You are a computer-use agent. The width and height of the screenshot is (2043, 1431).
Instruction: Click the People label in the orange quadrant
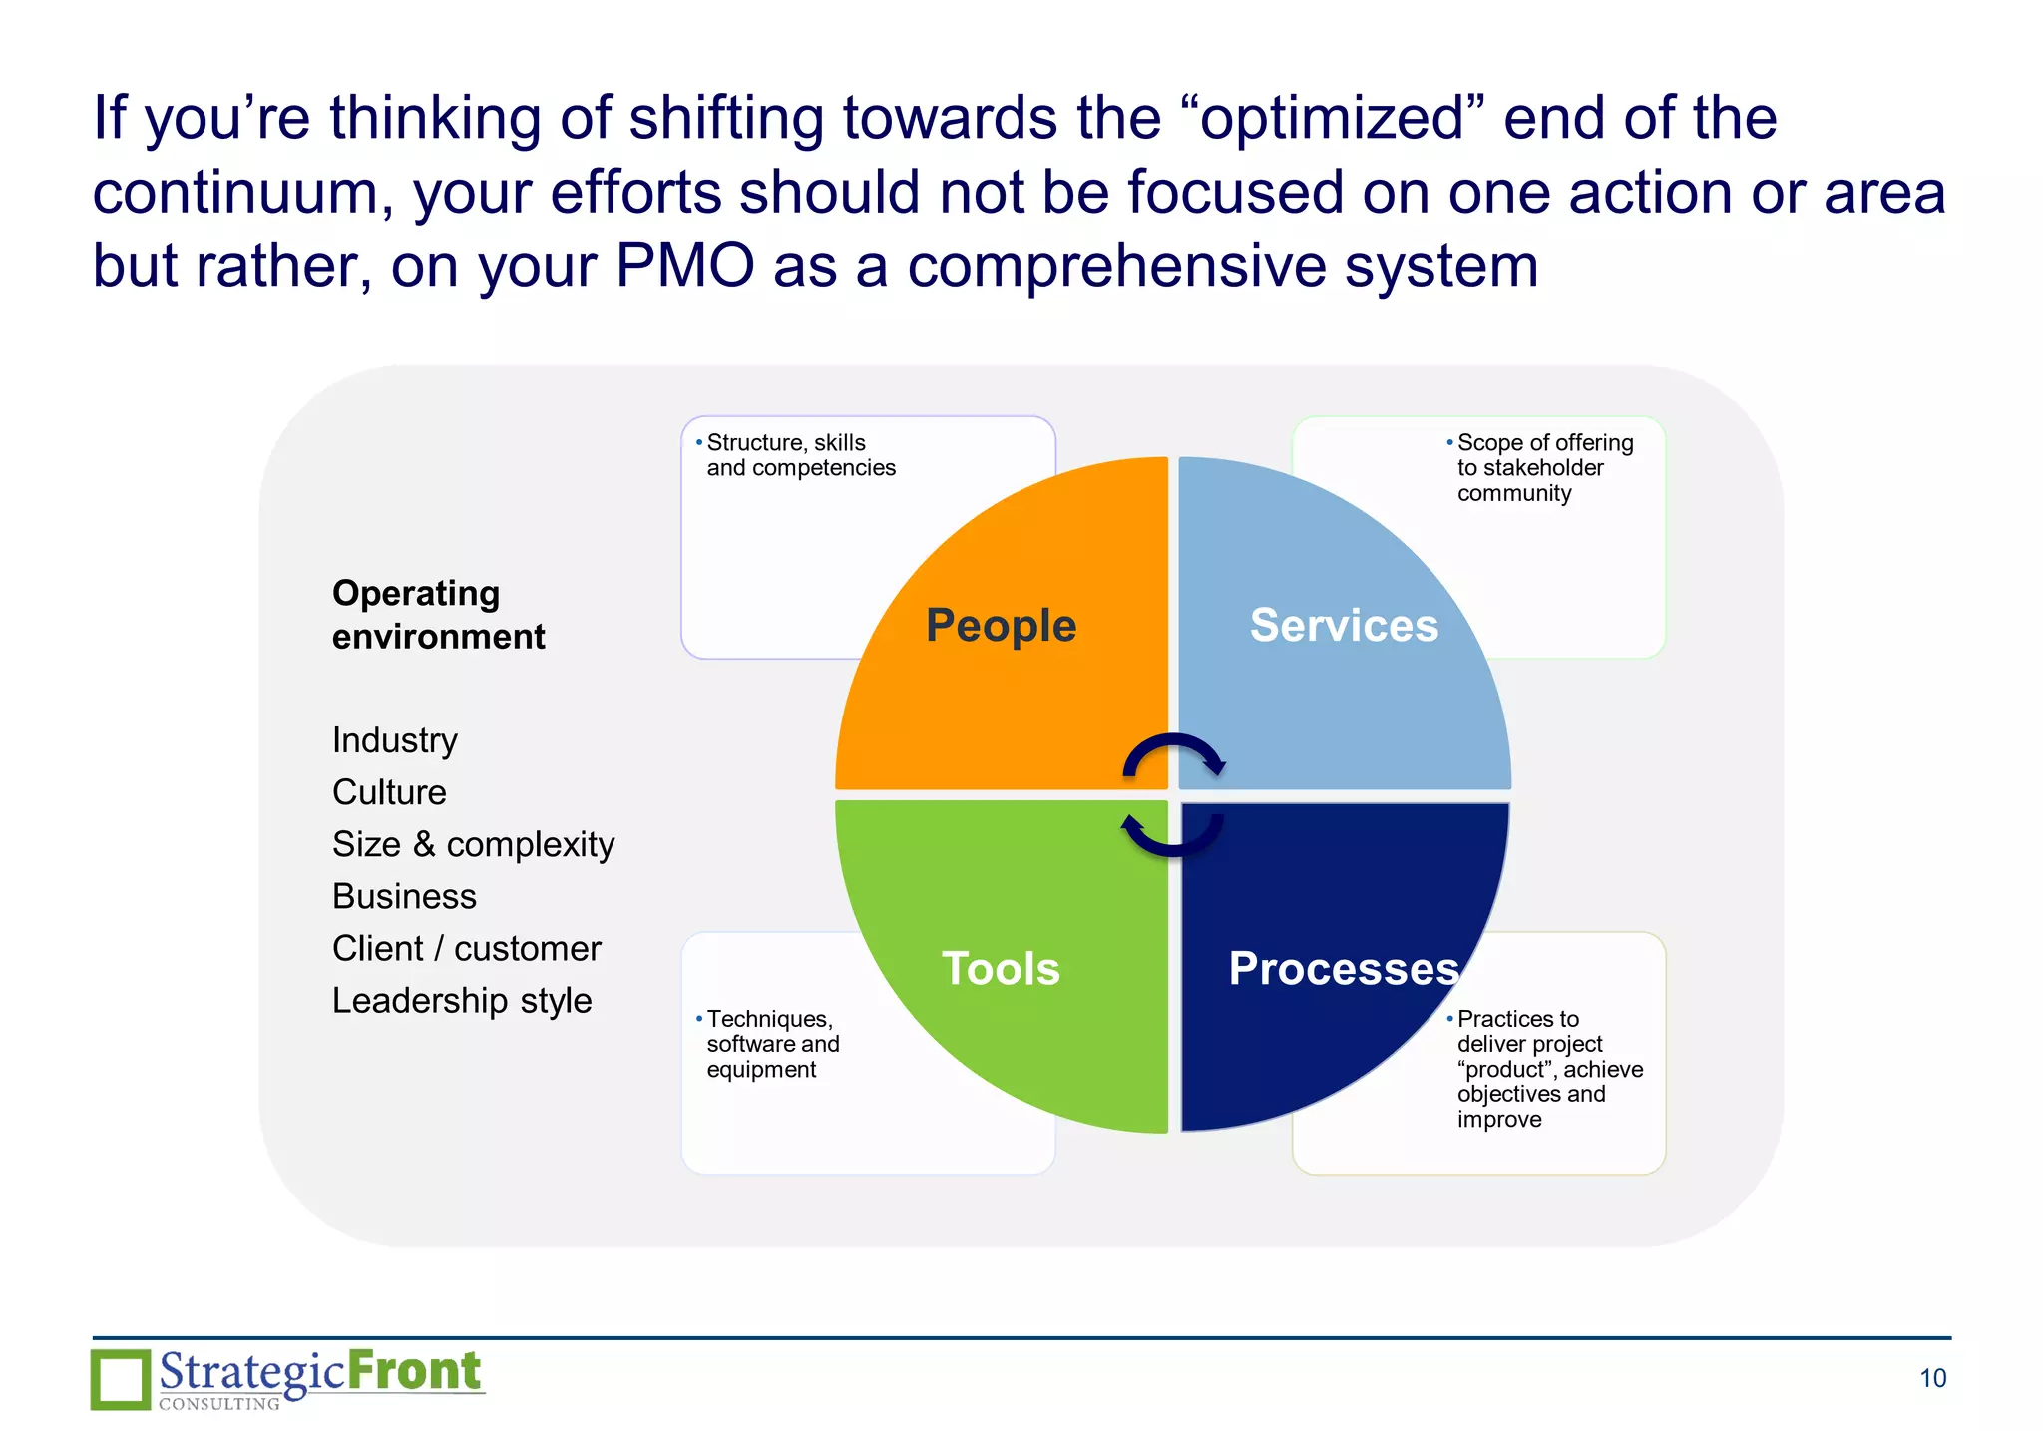point(1001,626)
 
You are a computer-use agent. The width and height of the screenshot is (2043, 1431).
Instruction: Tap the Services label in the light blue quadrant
point(1344,625)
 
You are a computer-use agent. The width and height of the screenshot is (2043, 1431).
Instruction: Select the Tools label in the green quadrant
point(1001,968)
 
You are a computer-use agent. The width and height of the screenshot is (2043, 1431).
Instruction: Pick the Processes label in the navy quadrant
point(1344,968)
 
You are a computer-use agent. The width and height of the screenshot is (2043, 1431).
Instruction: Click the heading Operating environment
point(438,615)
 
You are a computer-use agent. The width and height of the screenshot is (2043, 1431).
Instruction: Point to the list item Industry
point(395,740)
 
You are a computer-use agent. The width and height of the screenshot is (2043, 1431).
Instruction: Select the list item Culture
point(389,792)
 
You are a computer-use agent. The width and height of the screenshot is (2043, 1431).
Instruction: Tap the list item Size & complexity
point(473,844)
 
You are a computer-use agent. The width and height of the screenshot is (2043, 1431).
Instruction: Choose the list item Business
point(404,896)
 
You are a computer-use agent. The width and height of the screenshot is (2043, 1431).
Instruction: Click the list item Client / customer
point(466,948)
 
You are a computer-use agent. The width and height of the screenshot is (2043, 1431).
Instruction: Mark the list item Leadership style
point(462,1000)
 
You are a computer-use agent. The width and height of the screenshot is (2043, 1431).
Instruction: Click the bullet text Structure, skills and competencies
point(800,455)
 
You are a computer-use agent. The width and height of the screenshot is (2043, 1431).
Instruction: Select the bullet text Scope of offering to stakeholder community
point(1544,467)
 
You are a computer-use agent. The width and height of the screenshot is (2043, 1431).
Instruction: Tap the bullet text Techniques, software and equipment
point(773,1044)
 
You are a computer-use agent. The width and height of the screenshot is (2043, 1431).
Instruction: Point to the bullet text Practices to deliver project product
point(1548,1068)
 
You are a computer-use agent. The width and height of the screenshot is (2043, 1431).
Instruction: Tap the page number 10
point(1932,1378)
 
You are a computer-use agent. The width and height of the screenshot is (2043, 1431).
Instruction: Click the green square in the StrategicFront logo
point(121,1379)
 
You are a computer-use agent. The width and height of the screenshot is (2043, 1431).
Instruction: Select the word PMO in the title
point(684,266)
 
